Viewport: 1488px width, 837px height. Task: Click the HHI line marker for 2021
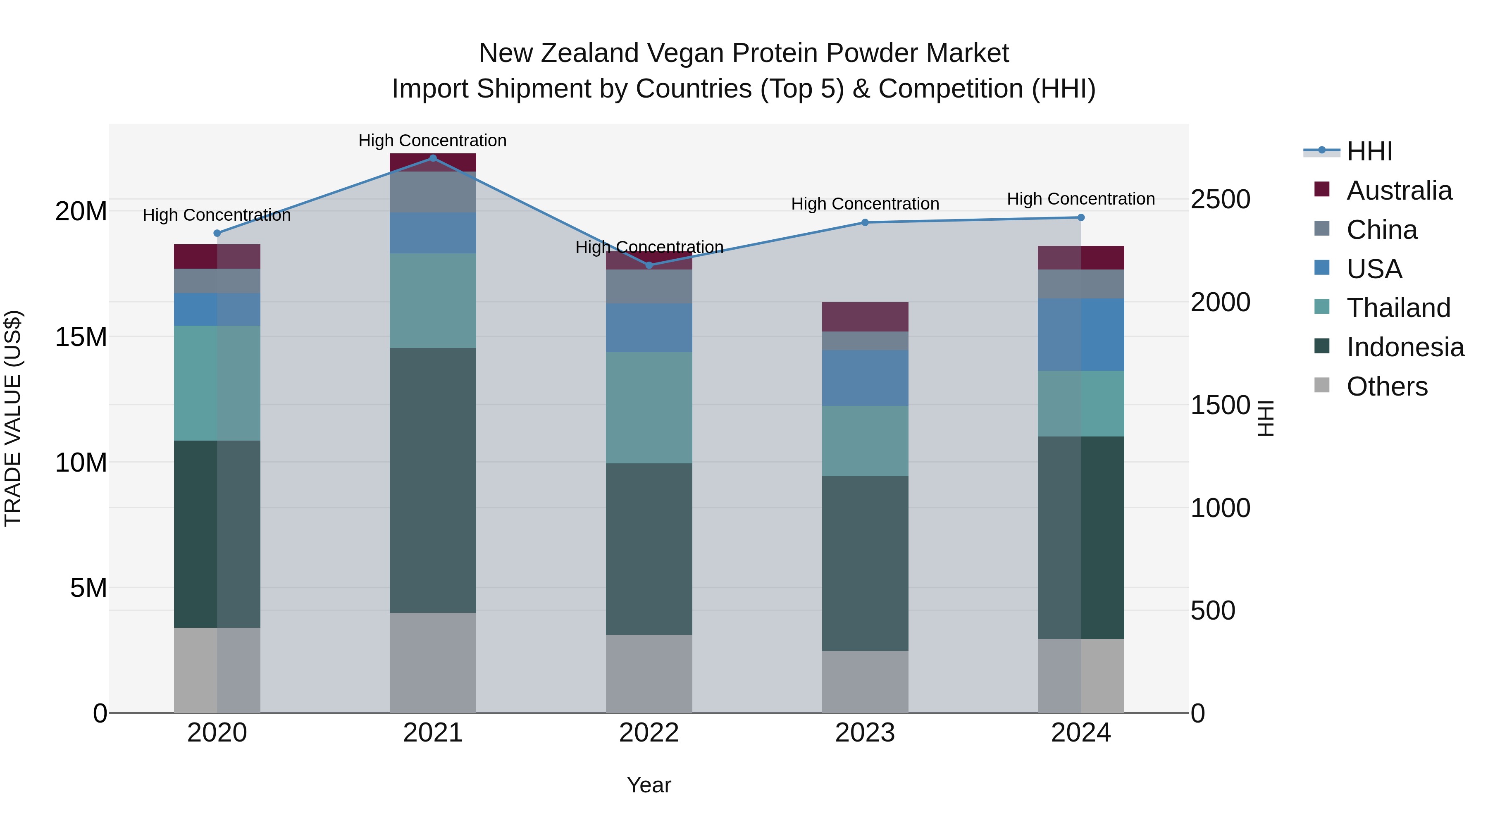433,158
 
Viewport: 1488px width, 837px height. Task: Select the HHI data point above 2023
865,222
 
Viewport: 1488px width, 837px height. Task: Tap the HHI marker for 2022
649,265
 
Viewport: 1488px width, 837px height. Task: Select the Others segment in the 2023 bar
865,682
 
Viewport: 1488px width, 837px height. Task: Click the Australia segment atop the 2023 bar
865,317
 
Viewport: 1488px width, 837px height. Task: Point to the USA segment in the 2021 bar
433,233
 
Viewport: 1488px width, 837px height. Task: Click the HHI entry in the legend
1369,151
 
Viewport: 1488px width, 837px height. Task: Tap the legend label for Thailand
1398,308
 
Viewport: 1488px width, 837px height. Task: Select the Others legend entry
1386,386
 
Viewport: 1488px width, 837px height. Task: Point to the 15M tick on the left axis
81,337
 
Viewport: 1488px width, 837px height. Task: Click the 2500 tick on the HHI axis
1220,199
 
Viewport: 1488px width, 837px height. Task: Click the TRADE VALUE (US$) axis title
13,418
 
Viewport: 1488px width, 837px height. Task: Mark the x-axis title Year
649,785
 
